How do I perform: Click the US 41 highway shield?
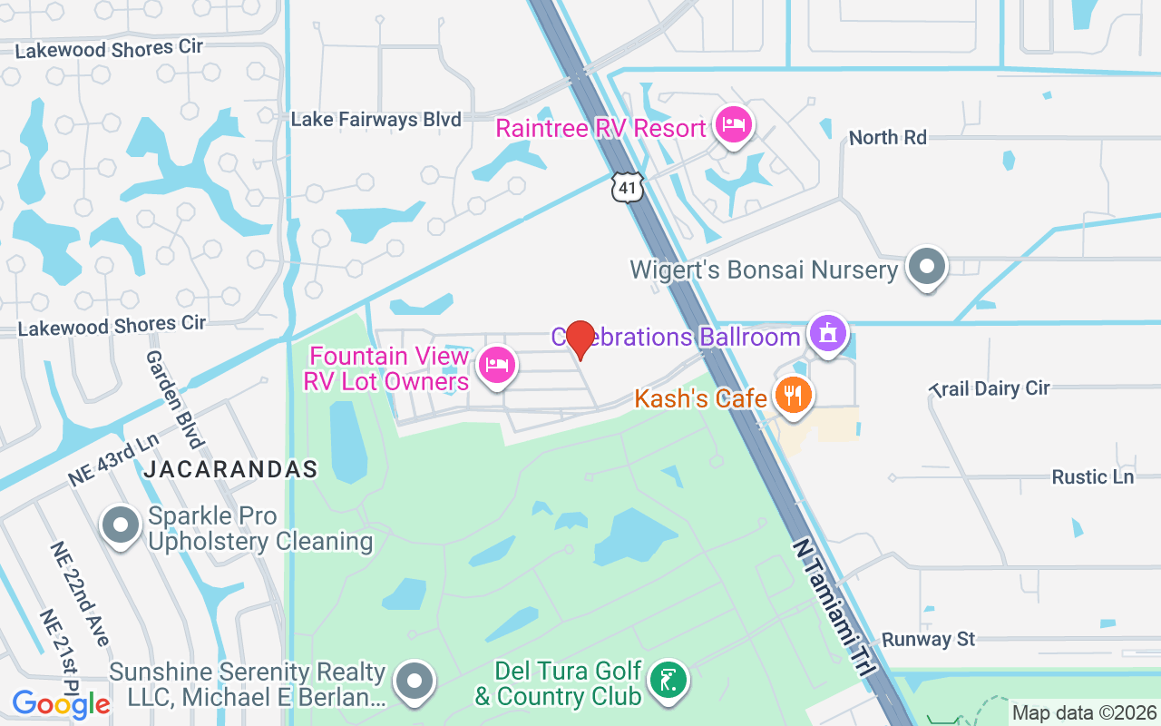[628, 186]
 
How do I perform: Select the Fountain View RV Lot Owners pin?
[496, 366]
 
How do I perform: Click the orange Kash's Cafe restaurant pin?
[794, 396]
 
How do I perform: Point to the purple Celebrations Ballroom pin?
[827, 333]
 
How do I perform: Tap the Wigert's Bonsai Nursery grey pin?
[927, 267]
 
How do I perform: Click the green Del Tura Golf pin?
[668, 680]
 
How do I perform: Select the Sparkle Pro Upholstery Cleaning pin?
[120, 525]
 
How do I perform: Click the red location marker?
[580, 339]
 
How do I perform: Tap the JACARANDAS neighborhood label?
[231, 469]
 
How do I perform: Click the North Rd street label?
[887, 138]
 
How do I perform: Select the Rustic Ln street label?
[1092, 476]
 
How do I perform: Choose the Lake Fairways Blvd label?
[376, 119]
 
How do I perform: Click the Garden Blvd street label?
[173, 399]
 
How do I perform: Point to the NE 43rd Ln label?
[112, 461]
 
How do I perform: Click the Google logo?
[61, 703]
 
